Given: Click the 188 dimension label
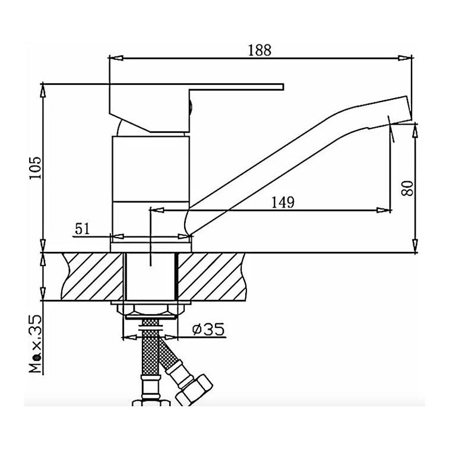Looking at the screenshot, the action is point(260,50).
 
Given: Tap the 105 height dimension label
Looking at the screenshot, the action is point(36,168).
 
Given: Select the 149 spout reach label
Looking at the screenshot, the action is point(283,202).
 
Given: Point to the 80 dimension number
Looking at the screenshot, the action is point(407,188).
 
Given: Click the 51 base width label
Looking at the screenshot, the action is point(82,229).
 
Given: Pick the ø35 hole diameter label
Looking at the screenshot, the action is point(208,329).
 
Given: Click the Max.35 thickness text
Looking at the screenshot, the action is point(36,344).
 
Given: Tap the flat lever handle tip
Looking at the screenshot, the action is point(283,87).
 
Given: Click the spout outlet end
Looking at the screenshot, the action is point(409,107).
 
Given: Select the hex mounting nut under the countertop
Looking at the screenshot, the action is point(150,310).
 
